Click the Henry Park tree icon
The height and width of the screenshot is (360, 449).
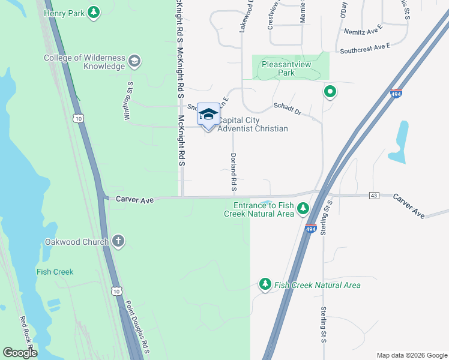(x=93, y=11)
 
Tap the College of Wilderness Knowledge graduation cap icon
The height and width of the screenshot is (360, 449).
(x=134, y=61)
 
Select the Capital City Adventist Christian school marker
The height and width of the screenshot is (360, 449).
(x=208, y=114)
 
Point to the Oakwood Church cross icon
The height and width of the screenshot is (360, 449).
(x=118, y=241)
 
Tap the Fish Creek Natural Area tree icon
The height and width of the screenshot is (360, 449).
(x=265, y=284)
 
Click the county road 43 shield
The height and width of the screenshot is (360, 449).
(x=374, y=196)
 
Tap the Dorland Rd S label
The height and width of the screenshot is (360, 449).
(x=234, y=172)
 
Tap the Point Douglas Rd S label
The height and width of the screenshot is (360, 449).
(x=139, y=332)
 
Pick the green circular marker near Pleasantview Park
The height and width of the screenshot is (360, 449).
(x=330, y=92)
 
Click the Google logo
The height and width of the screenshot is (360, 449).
(x=20, y=352)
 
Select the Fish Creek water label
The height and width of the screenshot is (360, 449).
(x=55, y=272)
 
